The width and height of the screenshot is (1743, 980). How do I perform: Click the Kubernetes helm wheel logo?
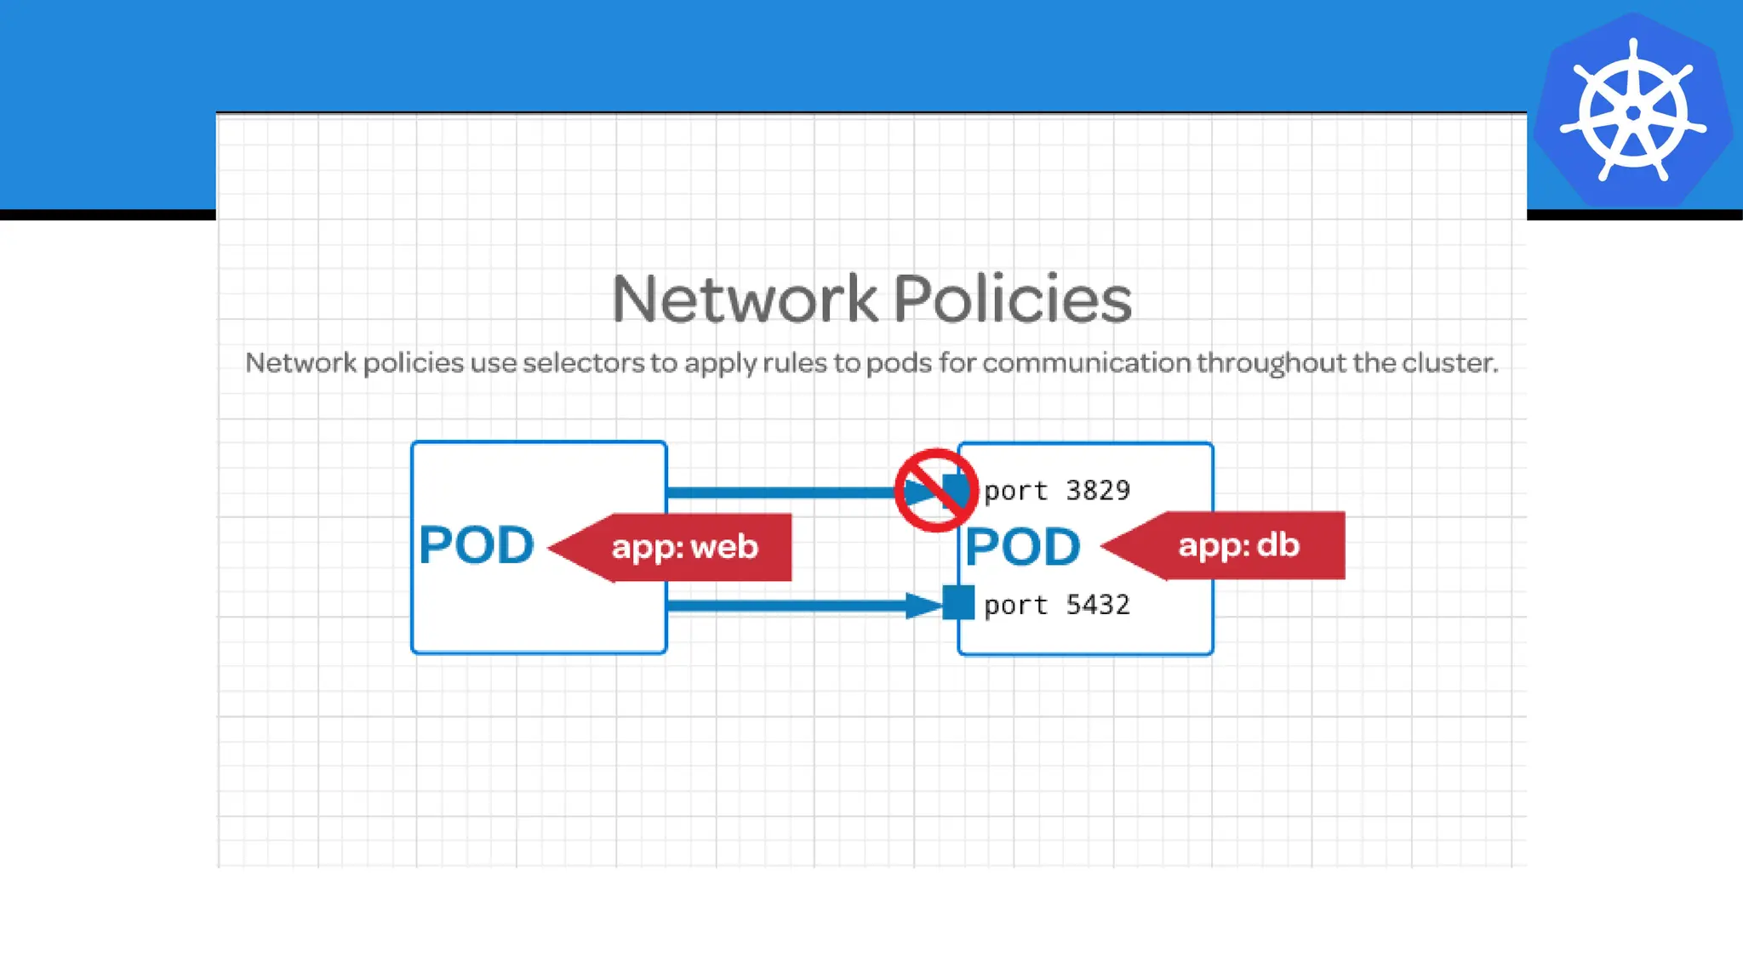pyautogui.click(x=1632, y=111)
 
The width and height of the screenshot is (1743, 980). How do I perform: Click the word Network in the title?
pyautogui.click(x=744, y=299)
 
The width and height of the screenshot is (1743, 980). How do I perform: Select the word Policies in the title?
pyautogui.click(x=1012, y=299)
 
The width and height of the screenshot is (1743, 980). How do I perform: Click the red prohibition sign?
pyautogui.click(x=935, y=491)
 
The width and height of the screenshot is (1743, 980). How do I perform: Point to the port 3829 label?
pyautogui.click(x=1056, y=491)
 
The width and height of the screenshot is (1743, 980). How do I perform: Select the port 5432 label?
pyautogui.click(x=1056, y=605)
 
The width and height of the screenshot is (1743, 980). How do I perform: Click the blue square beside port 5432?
pyautogui.click(x=958, y=603)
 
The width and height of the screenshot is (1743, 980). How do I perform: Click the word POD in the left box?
pyautogui.click(x=476, y=545)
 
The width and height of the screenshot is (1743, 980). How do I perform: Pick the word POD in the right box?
pyautogui.click(x=1022, y=547)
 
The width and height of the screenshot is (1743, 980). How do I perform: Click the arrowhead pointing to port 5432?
pyautogui.click(x=923, y=605)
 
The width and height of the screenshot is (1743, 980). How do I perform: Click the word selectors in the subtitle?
pyautogui.click(x=583, y=363)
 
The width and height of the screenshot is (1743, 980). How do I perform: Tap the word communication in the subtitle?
pyautogui.click(x=1086, y=363)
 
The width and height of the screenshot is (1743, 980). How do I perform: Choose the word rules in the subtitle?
pyautogui.click(x=794, y=363)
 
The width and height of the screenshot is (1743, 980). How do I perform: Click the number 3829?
pyautogui.click(x=1098, y=491)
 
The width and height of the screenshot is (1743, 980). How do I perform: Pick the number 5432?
pyautogui.click(x=1098, y=605)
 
